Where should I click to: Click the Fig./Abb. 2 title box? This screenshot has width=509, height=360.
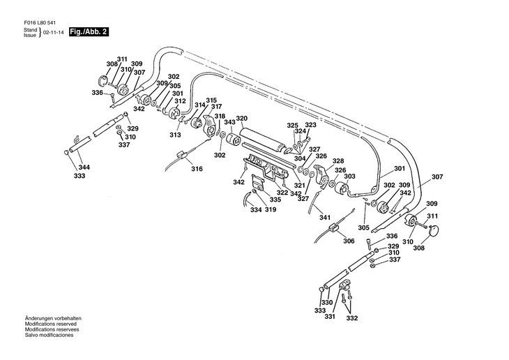click(x=89, y=32)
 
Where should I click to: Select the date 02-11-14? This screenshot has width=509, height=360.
click(x=53, y=33)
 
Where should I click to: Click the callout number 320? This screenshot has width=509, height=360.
click(x=241, y=119)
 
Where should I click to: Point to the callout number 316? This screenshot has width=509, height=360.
click(x=197, y=169)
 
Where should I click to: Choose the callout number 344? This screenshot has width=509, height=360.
click(x=84, y=167)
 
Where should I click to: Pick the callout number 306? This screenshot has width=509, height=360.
click(x=349, y=241)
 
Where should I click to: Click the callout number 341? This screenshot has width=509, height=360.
click(x=325, y=218)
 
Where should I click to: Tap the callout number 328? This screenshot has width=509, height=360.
click(x=338, y=161)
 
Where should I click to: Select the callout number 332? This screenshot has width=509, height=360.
click(x=352, y=318)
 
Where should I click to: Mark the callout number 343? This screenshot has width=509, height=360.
click(x=229, y=121)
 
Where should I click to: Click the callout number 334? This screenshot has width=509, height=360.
click(x=256, y=210)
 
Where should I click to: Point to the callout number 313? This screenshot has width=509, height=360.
click(x=175, y=135)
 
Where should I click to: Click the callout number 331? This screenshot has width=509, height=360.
click(x=330, y=316)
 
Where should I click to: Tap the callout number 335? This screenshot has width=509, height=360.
click(x=275, y=200)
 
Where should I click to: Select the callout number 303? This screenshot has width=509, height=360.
click(x=349, y=177)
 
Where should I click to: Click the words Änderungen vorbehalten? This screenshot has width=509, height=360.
click(x=53, y=318)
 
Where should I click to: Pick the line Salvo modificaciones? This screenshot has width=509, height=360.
click(x=49, y=335)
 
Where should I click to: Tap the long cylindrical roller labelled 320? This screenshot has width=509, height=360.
click(x=261, y=137)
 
